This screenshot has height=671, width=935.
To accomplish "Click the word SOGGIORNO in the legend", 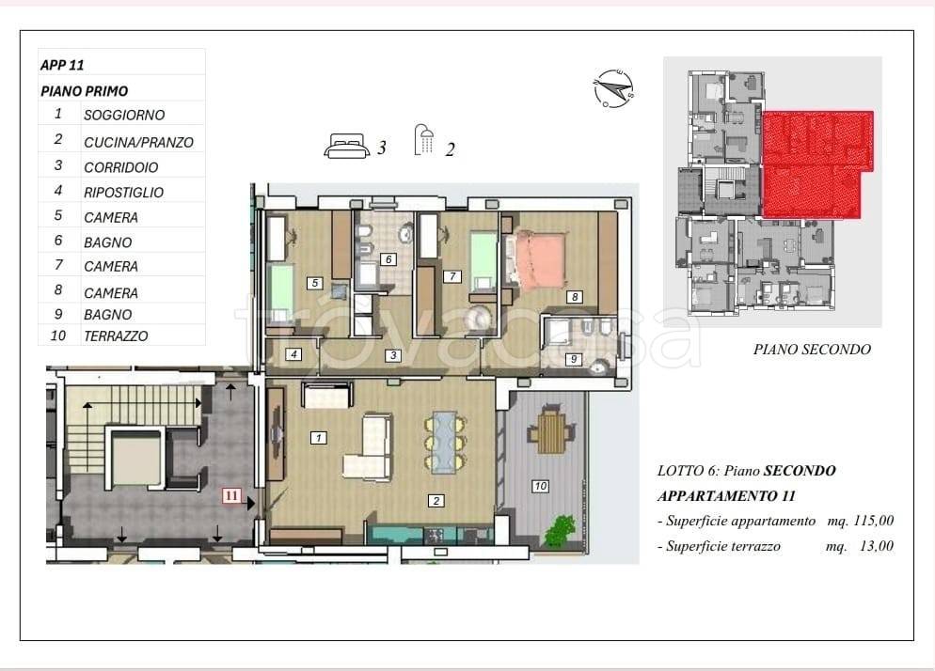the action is click(x=124, y=115).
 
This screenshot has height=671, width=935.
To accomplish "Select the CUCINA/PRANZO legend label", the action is click(x=138, y=143).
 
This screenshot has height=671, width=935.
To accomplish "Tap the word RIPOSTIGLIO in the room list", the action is click(x=123, y=193).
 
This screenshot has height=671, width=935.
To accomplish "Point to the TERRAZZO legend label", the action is click(x=116, y=336).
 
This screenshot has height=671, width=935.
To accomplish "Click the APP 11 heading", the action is click(x=62, y=65).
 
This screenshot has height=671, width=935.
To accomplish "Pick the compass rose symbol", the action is click(x=613, y=88).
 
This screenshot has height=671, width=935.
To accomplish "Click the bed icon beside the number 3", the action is click(x=346, y=146).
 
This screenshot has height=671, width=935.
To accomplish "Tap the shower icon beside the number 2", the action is click(x=423, y=141).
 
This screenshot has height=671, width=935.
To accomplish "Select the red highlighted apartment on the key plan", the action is click(x=816, y=164).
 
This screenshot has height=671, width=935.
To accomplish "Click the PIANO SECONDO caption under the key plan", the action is click(x=812, y=350).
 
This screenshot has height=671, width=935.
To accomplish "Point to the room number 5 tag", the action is click(x=315, y=283).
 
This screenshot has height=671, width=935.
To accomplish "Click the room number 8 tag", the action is click(x=574, y=297).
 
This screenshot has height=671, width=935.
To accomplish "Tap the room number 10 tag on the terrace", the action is click(x=540, y=486).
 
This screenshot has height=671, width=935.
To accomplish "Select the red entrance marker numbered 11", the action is click(x=231, y=494).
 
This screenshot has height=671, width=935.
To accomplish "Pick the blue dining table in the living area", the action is click(x=444, y=442).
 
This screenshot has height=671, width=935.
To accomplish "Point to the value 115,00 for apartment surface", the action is click(x=874, y=521).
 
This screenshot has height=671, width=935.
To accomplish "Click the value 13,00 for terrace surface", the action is click(x=877, y=546).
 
